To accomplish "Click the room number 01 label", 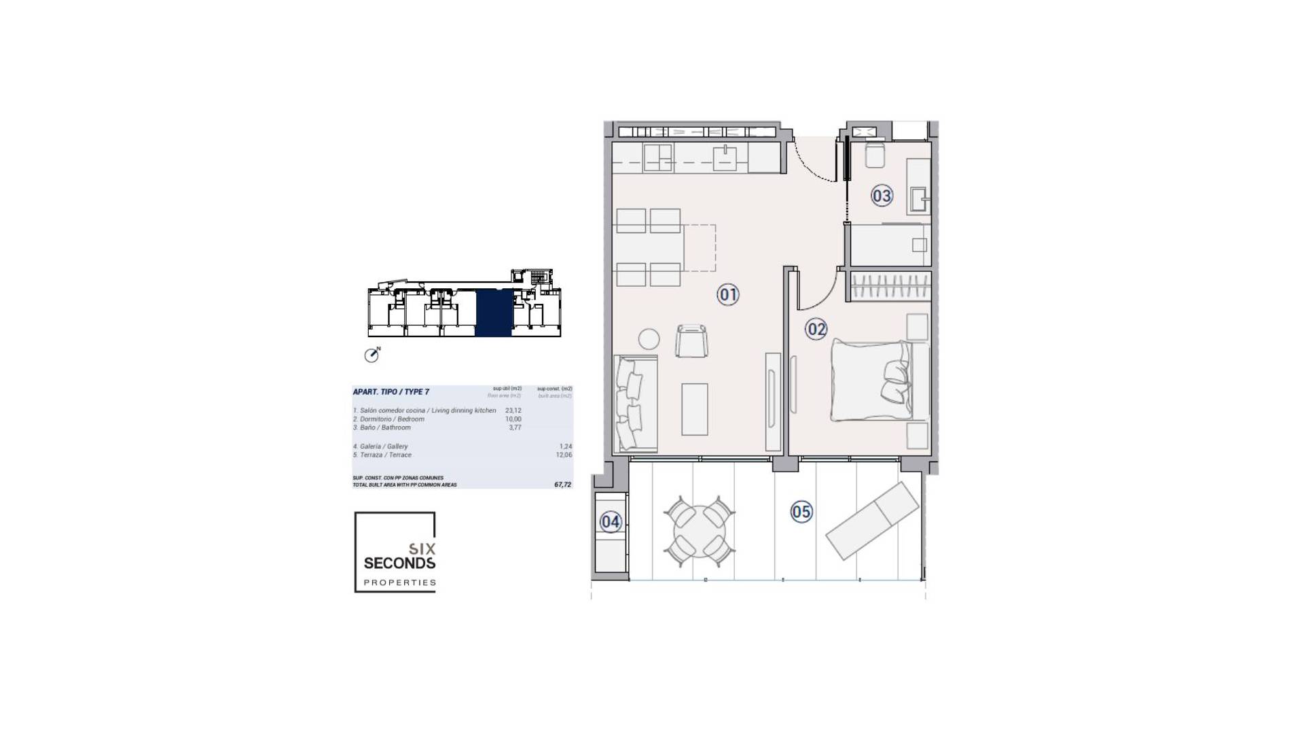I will pos(728,294).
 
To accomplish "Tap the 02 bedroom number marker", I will pos(816,330).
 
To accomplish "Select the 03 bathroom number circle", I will pos(881,196).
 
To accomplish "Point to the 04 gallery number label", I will pos(610,522).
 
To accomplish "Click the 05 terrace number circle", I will pos(801,512).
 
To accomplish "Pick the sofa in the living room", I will pos(636,403).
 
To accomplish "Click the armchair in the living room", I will pos(691,340).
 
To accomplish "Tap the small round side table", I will pos(649,339).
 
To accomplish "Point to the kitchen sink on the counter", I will pos(725,159).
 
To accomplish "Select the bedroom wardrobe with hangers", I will pos(890,286).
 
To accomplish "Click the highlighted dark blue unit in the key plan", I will pos(492,313).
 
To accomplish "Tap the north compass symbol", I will pos(372,354).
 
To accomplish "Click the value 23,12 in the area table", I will pos(513,410).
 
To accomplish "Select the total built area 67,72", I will pos(562,485).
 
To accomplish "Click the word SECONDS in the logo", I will pos(399,563).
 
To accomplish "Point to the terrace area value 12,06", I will pos(564,455).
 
